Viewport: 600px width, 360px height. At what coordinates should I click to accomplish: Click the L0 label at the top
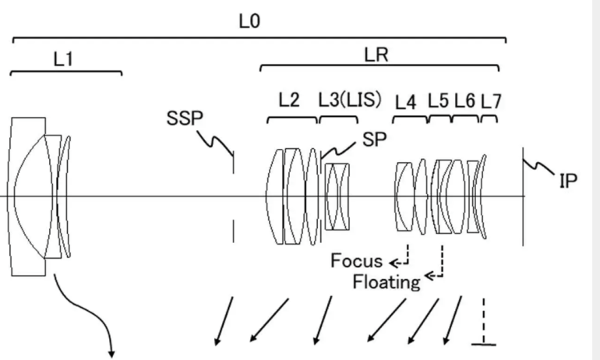click(x=249, y=22)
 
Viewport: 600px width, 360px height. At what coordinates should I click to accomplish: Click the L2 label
click(x=289, y=100)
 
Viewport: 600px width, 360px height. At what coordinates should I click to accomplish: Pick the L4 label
click(x=406, y=101)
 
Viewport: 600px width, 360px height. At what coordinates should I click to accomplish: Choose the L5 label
click(x=439, y=101)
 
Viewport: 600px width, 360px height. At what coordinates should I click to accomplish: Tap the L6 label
click(x=464, y=101)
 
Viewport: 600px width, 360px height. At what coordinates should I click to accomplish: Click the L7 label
click(x=490, y=101)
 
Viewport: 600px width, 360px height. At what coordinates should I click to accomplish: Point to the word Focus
click(x=356, y=261)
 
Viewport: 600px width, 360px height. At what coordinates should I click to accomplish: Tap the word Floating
click(x=385, y=281)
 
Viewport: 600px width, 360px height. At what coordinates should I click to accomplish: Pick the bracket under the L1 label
click(x=66, y=72)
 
